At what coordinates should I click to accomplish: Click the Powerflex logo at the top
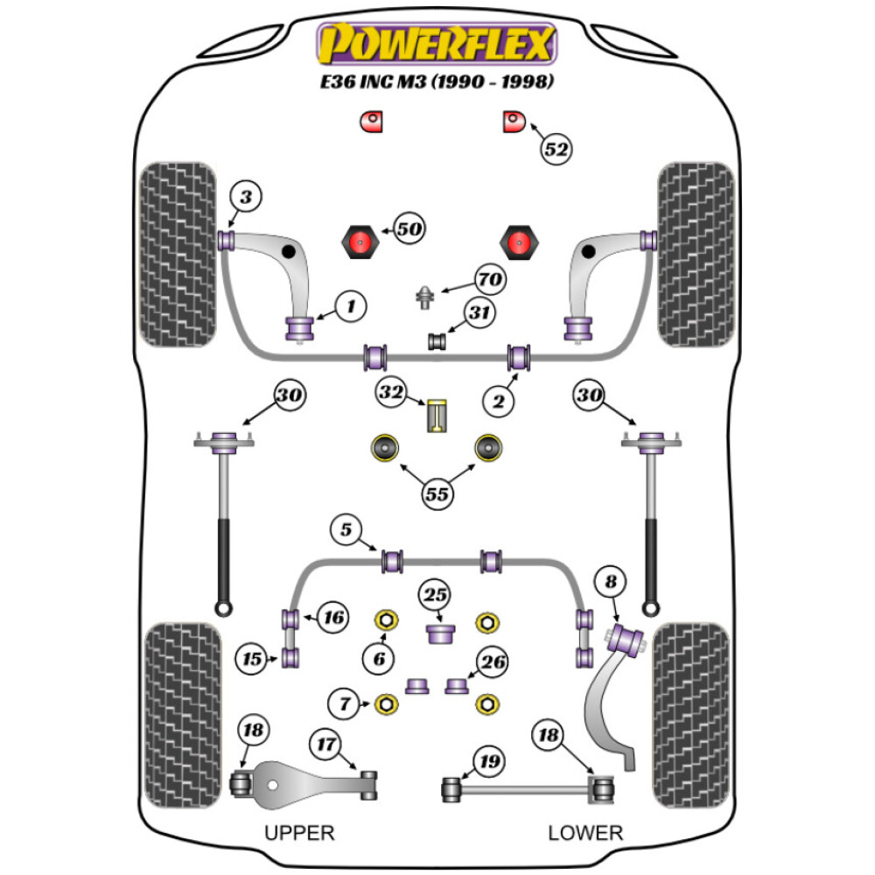click(x=437, y=44)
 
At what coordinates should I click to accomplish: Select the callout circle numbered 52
click(x=556, y=150)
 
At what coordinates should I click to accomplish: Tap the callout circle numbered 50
click(x=409, y=230)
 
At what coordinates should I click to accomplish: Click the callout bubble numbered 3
click(x=246, y=199)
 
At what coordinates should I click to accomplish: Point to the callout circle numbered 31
click(x=479, y=312)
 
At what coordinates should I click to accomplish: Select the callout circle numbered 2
click(x=498, y=402)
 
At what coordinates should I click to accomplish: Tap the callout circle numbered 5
click(x=346, y=529)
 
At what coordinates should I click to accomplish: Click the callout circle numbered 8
click(x=610, y=580)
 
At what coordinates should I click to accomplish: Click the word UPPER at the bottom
click(x=299, y=832)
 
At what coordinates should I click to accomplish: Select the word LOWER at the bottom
click(x=584, y=832)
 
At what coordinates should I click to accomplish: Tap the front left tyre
click(x=179, y=254)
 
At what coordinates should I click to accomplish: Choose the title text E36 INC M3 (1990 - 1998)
click(x=437, y=83)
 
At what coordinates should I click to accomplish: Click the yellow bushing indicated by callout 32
click(x=437, y=416)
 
